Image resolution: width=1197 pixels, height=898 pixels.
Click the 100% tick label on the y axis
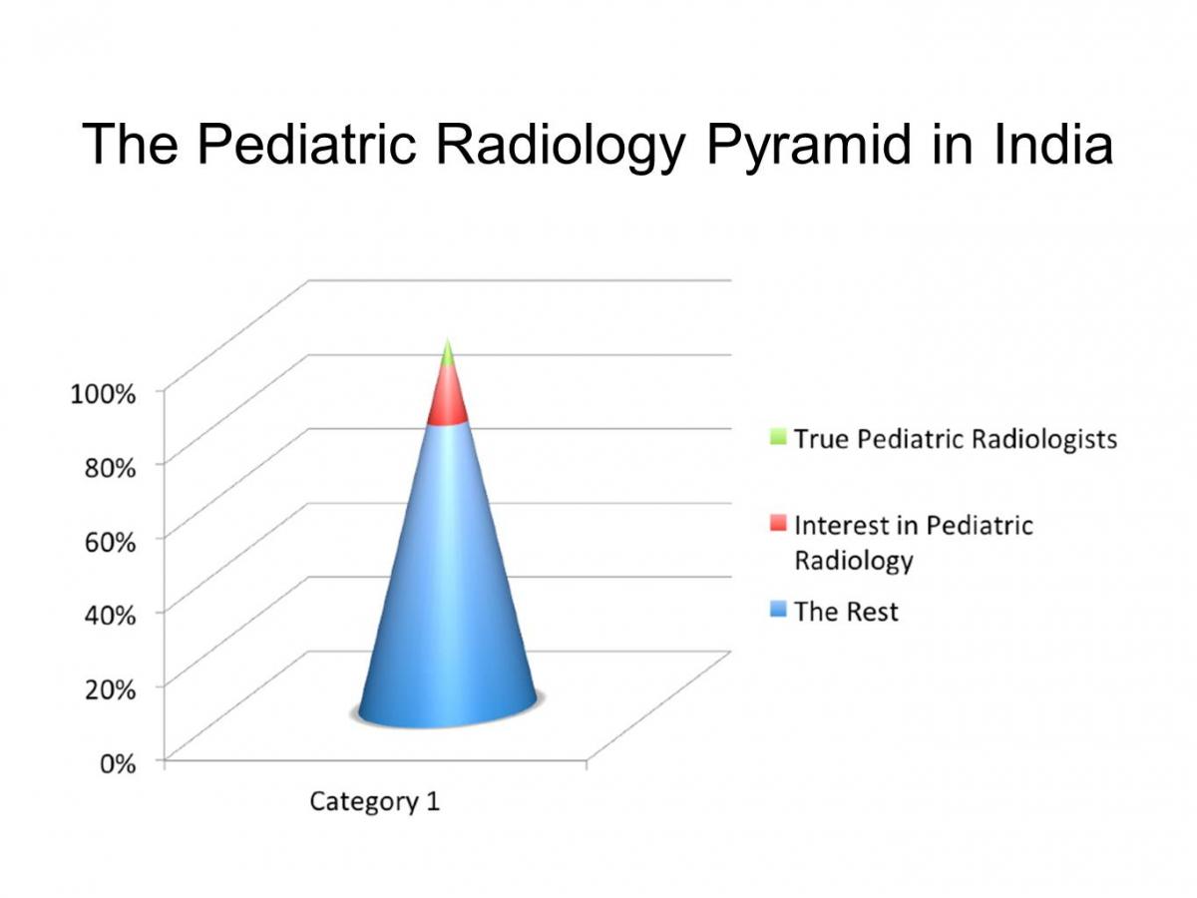(103, 394)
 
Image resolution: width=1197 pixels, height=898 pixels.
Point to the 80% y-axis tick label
(110, 468)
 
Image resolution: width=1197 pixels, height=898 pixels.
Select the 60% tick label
(110, 542)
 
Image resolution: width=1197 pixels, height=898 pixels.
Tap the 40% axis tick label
(110, 616)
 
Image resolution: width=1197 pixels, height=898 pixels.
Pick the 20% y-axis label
(110, 689)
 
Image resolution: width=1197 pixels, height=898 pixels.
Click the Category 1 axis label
(375, 802)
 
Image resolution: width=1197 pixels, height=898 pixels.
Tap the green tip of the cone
(448, 354)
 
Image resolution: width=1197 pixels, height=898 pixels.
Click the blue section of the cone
(447, 589)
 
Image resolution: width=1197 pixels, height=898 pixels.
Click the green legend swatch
(778, 437)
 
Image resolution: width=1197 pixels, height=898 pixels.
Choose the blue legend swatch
(778, 609)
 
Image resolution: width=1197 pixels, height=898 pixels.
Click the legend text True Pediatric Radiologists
(956, 440)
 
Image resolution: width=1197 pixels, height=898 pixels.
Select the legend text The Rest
(846, 612)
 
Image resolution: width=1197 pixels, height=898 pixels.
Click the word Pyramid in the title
(809, 145)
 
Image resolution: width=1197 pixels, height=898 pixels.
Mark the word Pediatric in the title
(306, 144)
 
